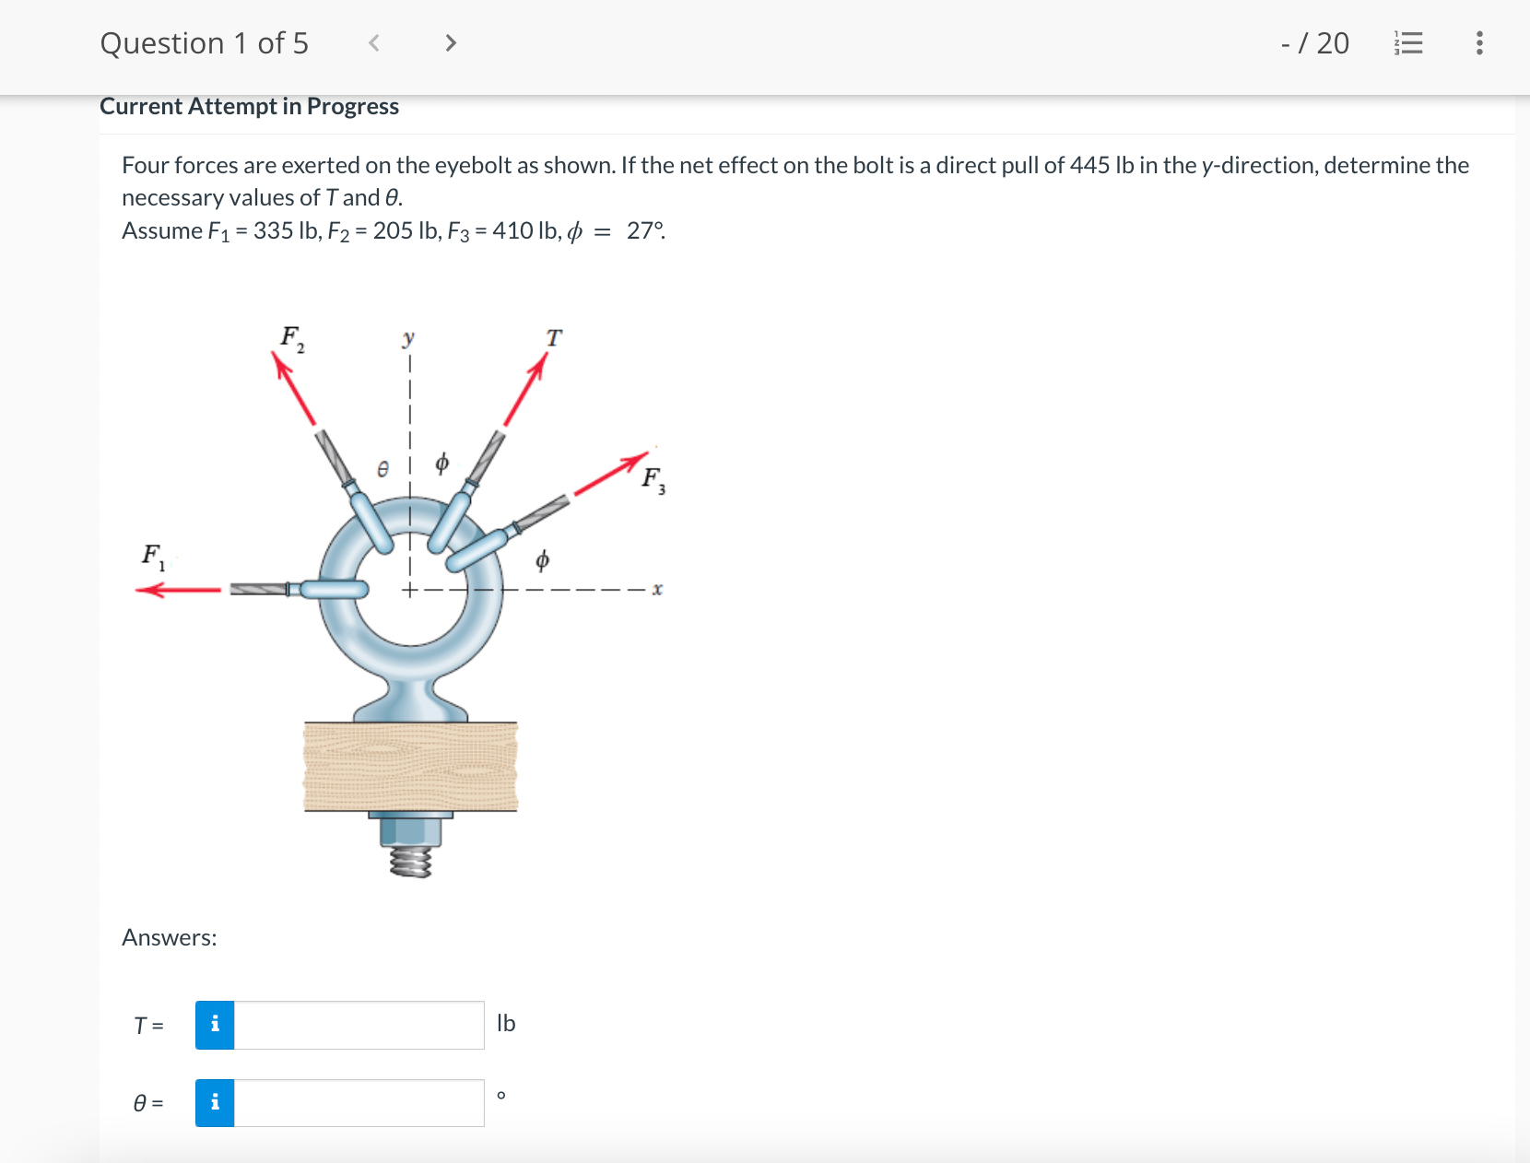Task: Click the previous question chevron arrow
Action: click(374, 43)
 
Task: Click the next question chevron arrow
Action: click(451, 43)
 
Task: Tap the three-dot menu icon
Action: click(1479, 43)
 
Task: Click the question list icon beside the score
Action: click(1408, 43)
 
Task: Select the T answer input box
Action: click(359, 1025)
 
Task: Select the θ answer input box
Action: click(359, 1103)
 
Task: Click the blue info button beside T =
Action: click(215, 1025)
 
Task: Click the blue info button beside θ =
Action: click(215, 1103)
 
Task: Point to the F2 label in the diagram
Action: click(292, 338)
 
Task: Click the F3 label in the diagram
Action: click(653, 479)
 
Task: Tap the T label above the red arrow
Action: click(553, 338)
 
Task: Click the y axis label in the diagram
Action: click(408, 337)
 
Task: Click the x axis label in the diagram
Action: click(657, 589)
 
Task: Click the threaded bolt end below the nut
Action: click(411, 862)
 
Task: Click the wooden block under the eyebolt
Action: click(411, 767)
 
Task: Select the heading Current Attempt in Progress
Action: click(249, 107)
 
